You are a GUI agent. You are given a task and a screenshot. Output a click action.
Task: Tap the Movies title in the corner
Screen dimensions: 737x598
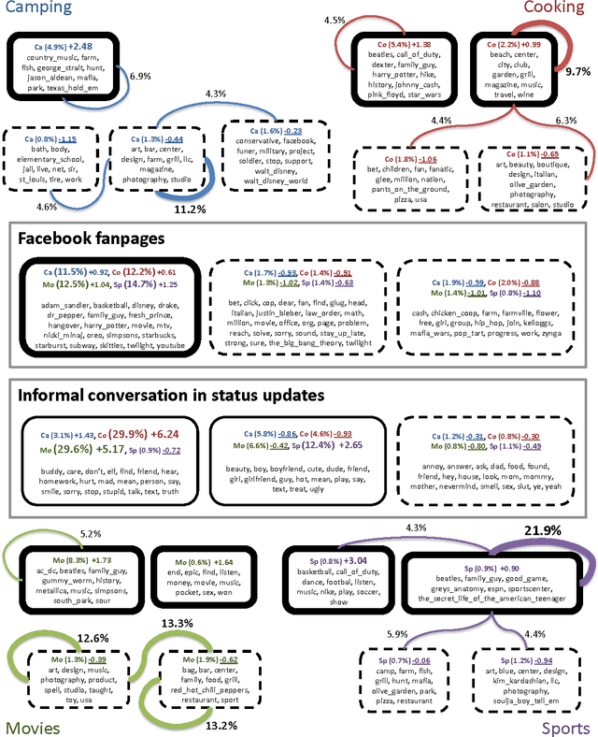coord(34,727)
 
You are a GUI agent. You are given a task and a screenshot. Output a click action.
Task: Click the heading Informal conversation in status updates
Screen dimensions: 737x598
coord(171,395)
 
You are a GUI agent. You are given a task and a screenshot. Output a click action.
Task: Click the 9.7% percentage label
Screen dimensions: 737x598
coord(577,71)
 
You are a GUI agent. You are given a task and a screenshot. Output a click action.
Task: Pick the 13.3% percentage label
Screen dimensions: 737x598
coord(178,625)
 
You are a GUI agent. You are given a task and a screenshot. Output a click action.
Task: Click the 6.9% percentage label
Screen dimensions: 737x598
coord(140,75)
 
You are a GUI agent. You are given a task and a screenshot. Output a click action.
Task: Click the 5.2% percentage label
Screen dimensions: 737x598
coord(90,533)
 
